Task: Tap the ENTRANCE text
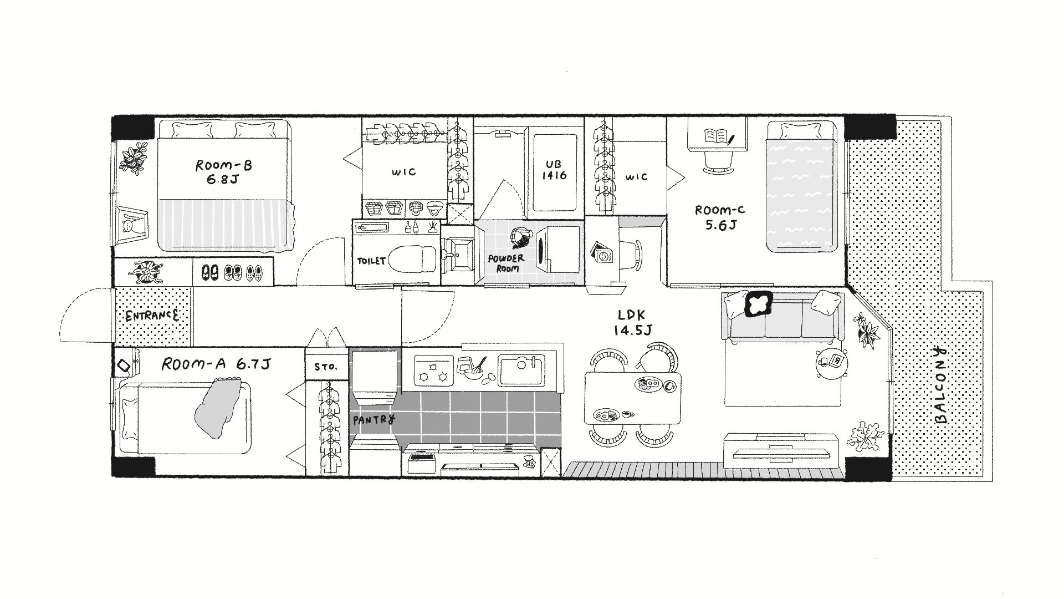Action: pyautogui.click(x=152, y=316)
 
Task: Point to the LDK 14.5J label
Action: pyautogui.click(x=632, y=323)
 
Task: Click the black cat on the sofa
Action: pyautogui.click(x=758, y=304)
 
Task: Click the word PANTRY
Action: pyautogui.click(x=374, y=420)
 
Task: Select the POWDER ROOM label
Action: pyautogui.click(x=506, y=263)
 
